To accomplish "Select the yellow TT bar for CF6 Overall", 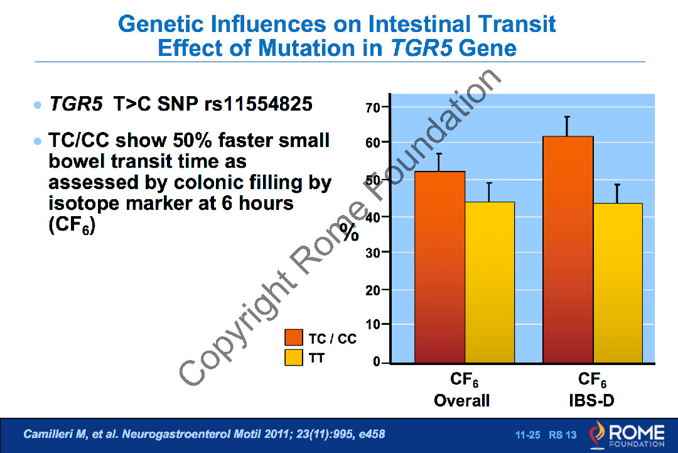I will [x=490, y=283].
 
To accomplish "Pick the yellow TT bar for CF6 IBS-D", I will [x=618, y=283].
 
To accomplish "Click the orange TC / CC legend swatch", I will [x=293, y=338].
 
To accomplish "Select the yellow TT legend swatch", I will [x=293, y=357].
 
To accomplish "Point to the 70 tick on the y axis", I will [x=373, y=107].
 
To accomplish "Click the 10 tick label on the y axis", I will [x=373, y=325].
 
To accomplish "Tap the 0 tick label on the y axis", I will [x=377, y=363].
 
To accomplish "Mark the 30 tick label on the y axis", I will [x=373, y=253].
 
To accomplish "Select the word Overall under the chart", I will [x=461, y=400].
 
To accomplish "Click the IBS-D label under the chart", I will [x=591, y=400].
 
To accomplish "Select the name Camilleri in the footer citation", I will [x=47, y=434].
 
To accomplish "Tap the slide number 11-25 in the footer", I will [x=527, y=435].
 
